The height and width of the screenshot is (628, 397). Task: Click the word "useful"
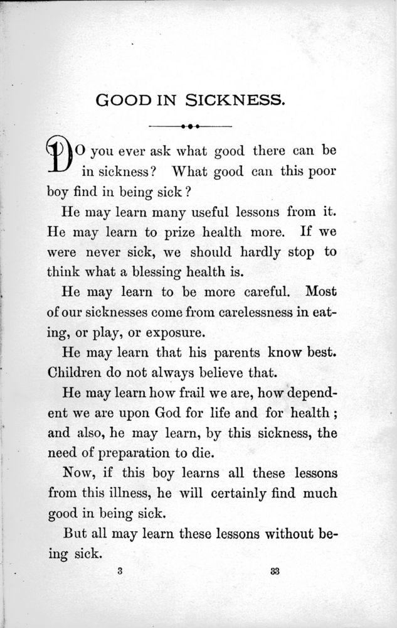point(212,212)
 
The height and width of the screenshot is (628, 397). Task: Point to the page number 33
point(275,571)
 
